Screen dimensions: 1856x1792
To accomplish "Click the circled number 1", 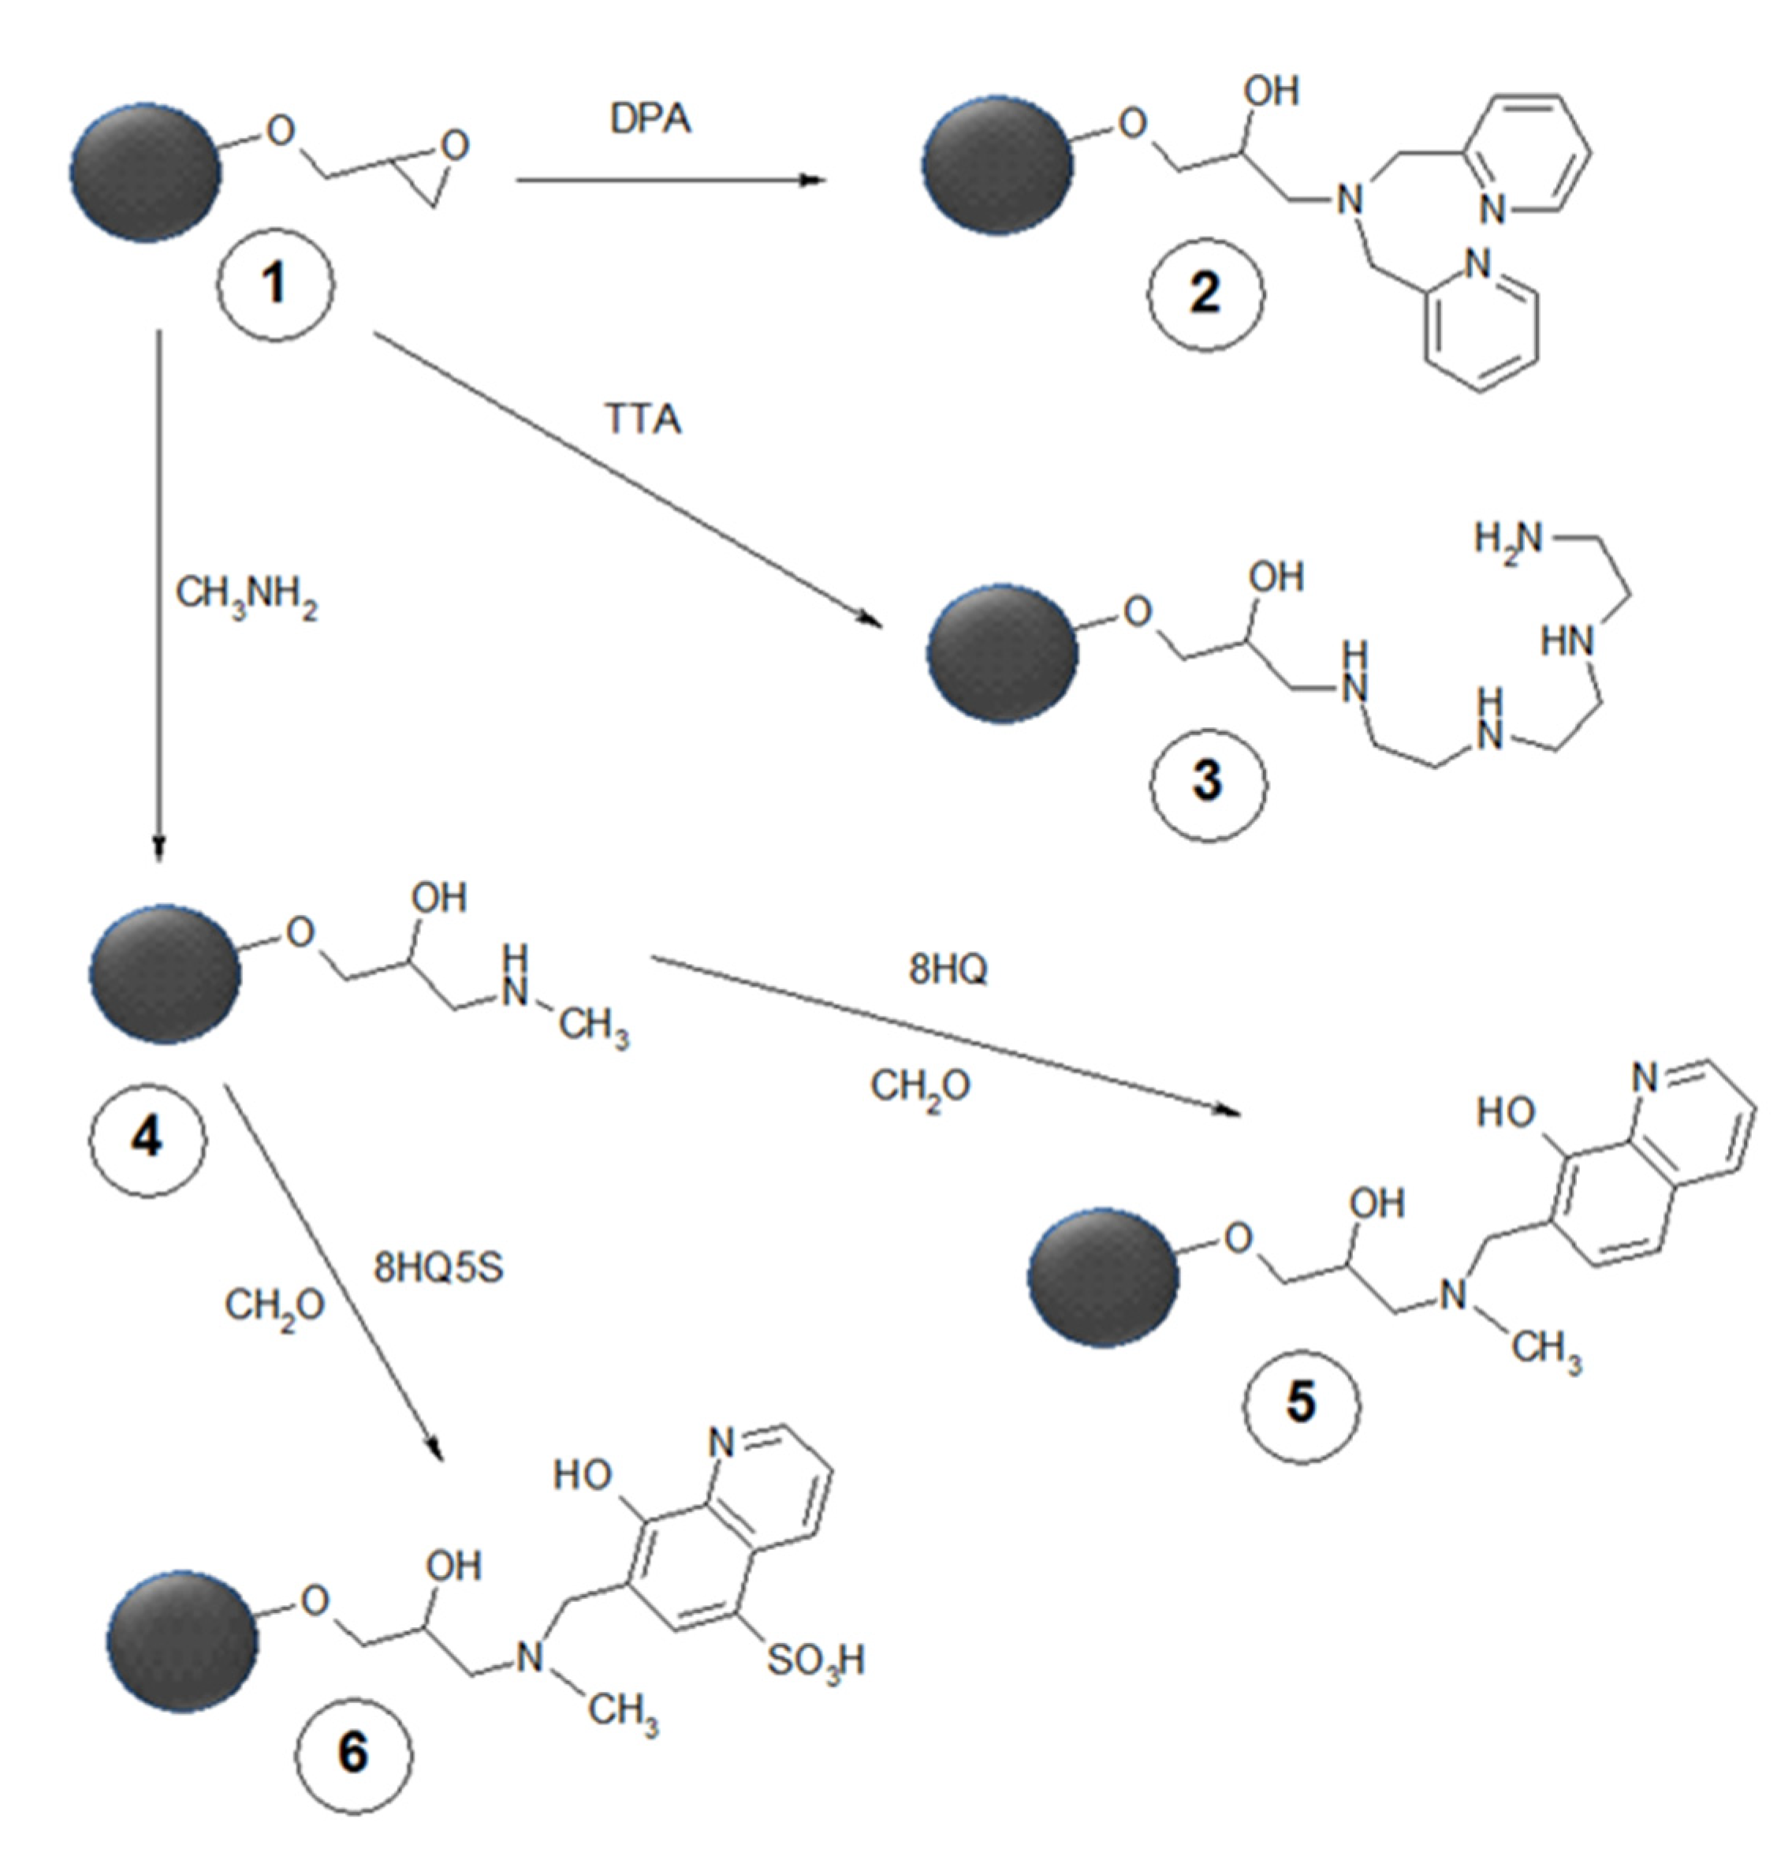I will point(274,284).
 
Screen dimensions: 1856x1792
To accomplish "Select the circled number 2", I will point(1205,293).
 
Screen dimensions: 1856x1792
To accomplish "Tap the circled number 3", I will point(1208,782).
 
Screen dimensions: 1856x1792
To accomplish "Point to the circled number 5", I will point(1301,1402).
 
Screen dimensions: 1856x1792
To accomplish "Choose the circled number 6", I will point(353,1752).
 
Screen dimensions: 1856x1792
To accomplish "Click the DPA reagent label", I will point(650,119).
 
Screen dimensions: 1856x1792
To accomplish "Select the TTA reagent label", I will point(644,419).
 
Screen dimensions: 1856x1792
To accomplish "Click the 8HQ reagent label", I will point(948,969).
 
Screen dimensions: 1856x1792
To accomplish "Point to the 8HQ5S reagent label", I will point(438,1268).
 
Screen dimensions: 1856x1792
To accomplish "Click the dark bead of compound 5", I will point(1103,1277).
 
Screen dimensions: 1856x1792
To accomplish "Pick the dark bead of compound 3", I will point(1001,653).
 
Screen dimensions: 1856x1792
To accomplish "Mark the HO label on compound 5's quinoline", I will point(1505,1113).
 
